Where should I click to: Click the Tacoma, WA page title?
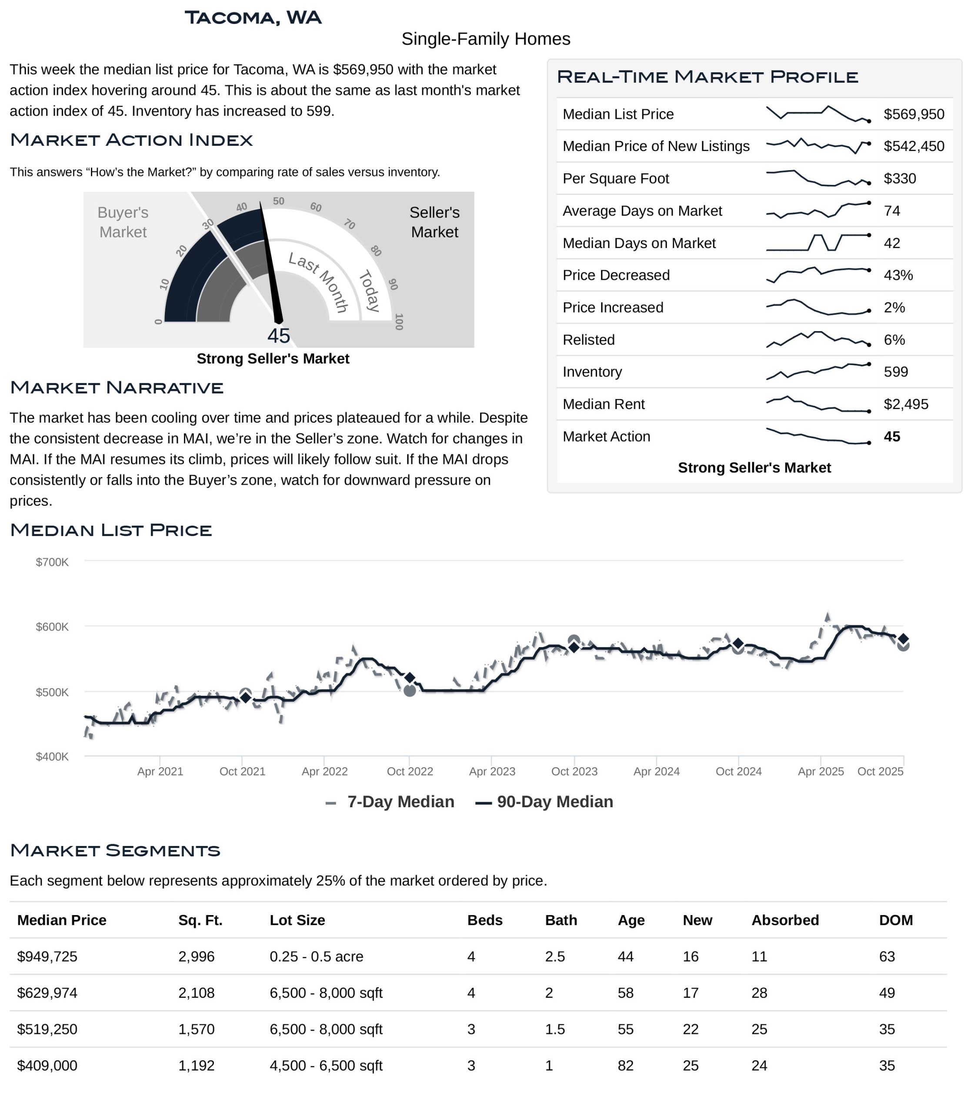tap(253, 18)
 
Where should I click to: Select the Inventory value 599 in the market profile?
tap(896, 372)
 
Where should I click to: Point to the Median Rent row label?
tap(603, 404)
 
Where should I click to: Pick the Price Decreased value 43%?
tap(898, 275)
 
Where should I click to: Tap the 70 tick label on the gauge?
tap(350, 224)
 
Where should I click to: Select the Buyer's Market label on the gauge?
tap(123, 222)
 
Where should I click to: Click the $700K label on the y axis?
tap(52, 562)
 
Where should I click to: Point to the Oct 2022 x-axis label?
tap(410, 771)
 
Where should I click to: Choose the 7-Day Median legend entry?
tap(390, 802)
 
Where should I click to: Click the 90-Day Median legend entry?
tap(544, 802)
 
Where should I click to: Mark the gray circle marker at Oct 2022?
tap(410, 691)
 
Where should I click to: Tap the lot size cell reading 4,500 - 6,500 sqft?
tap(326, 1066)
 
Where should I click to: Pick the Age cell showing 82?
tap(625, 1066)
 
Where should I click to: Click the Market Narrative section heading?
tap(117, 387)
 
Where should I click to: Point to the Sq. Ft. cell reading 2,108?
tap(196, 993)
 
